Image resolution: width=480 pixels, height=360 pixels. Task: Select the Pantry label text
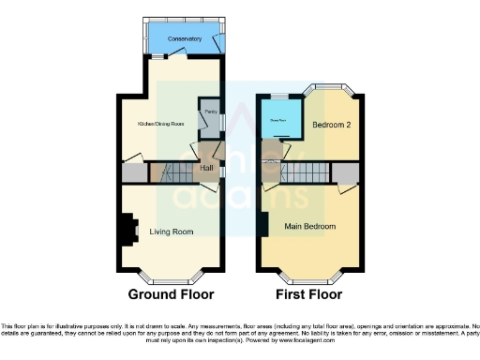[x=210, y=111]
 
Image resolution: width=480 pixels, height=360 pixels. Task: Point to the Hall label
[x=207, y=169]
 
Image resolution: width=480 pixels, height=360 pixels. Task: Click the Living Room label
[x=172, y=232]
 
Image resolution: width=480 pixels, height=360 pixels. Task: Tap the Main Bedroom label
[x=310, y=226]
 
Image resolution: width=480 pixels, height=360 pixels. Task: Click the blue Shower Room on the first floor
[x=280, y=118]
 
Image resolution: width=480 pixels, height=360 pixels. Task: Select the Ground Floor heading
[x=171, y=294]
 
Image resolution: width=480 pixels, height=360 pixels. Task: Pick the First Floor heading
[x=310, y=294]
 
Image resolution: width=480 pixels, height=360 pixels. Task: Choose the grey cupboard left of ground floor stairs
[x=133, y=173]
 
